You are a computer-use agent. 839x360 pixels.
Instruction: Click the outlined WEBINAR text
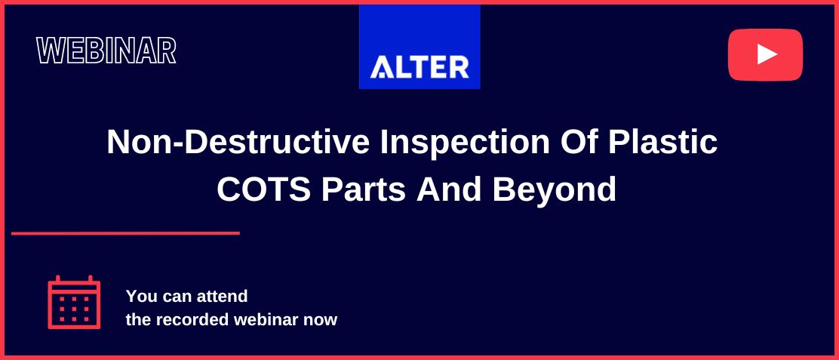click(106, 51)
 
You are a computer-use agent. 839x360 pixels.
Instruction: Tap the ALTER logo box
click(419, 47)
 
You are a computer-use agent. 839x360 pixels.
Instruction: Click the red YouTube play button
click(765, 54)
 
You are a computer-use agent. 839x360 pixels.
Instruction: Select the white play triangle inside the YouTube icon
click(767, 54)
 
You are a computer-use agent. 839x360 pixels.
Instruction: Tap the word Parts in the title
click(364, 189)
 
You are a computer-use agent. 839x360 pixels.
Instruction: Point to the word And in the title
click(449, 189)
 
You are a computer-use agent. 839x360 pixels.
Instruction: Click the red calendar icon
click(74, 302)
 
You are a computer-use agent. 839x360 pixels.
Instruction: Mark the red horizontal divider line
click(125, 233)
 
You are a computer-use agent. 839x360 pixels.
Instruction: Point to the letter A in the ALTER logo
click(381, 67)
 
